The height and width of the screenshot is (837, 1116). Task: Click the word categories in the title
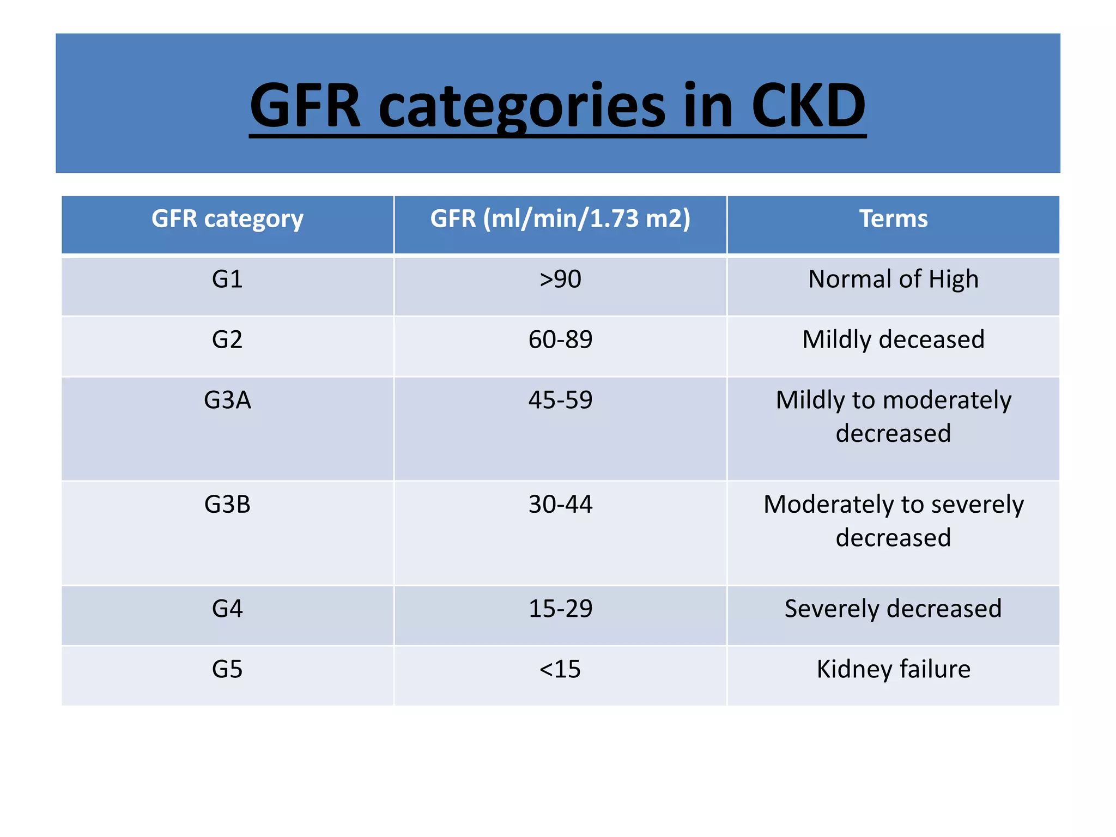(521, 106)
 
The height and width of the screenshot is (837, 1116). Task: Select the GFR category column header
(227, 219)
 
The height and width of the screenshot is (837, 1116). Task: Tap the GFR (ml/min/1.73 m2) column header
(560, 219)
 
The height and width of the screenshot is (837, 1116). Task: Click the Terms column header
(893, 219)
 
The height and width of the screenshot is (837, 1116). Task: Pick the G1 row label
(227, 280)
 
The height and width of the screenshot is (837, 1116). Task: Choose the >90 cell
(560, 280)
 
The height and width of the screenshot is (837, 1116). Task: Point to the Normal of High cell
(893, 280)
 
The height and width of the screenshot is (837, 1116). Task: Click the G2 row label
(227, 340)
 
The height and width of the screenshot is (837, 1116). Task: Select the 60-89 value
(560, 340)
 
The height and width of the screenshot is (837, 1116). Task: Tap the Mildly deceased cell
(893, 340)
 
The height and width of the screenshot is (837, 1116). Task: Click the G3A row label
(227, 401)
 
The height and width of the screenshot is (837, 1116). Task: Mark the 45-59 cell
(560, 401)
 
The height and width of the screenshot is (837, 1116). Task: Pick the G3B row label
(227, 505)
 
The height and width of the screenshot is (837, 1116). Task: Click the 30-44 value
(560, 505)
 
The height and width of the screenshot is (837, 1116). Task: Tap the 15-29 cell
(560, 609)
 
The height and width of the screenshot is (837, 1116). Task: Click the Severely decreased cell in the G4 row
(893, 609)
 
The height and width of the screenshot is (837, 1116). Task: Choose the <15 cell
(560, 669)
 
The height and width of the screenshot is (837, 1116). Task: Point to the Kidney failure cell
(893, 669)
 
